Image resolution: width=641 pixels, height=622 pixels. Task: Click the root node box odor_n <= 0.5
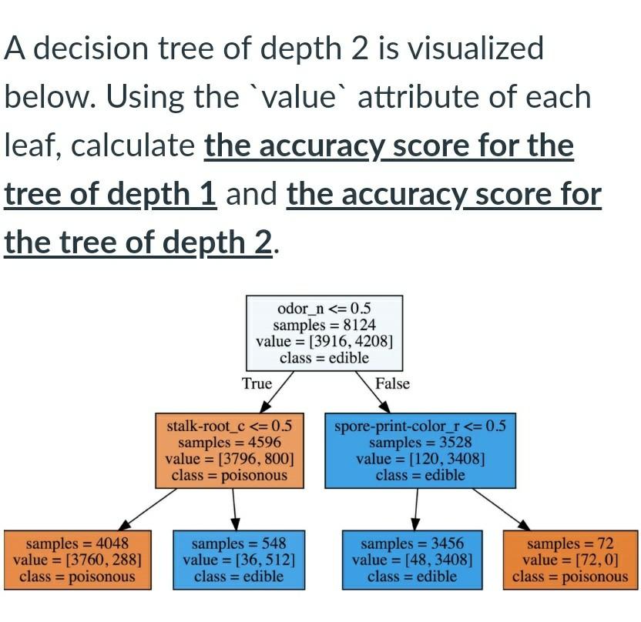click(324, 332)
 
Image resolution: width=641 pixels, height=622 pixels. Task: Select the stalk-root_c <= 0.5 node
click(230, 450)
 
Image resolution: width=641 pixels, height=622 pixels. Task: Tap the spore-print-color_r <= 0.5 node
click(420, 450)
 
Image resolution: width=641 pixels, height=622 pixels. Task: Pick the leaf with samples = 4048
click(77, 560)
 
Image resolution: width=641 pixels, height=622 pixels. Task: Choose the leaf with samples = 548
click(238, 560)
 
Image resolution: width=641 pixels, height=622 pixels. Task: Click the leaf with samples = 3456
click(412, 560)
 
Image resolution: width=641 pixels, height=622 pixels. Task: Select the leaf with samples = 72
click(570, 560)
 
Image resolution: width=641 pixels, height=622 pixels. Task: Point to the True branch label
click(257, 383)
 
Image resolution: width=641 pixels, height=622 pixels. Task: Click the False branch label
click(392, 383)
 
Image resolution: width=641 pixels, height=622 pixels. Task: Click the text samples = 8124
click(324, 326)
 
